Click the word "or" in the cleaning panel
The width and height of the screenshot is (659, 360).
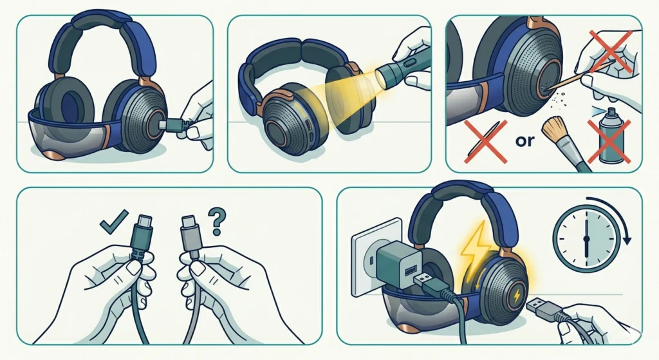tap(526, 141)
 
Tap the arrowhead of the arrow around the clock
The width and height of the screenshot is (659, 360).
tap(627, 242)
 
